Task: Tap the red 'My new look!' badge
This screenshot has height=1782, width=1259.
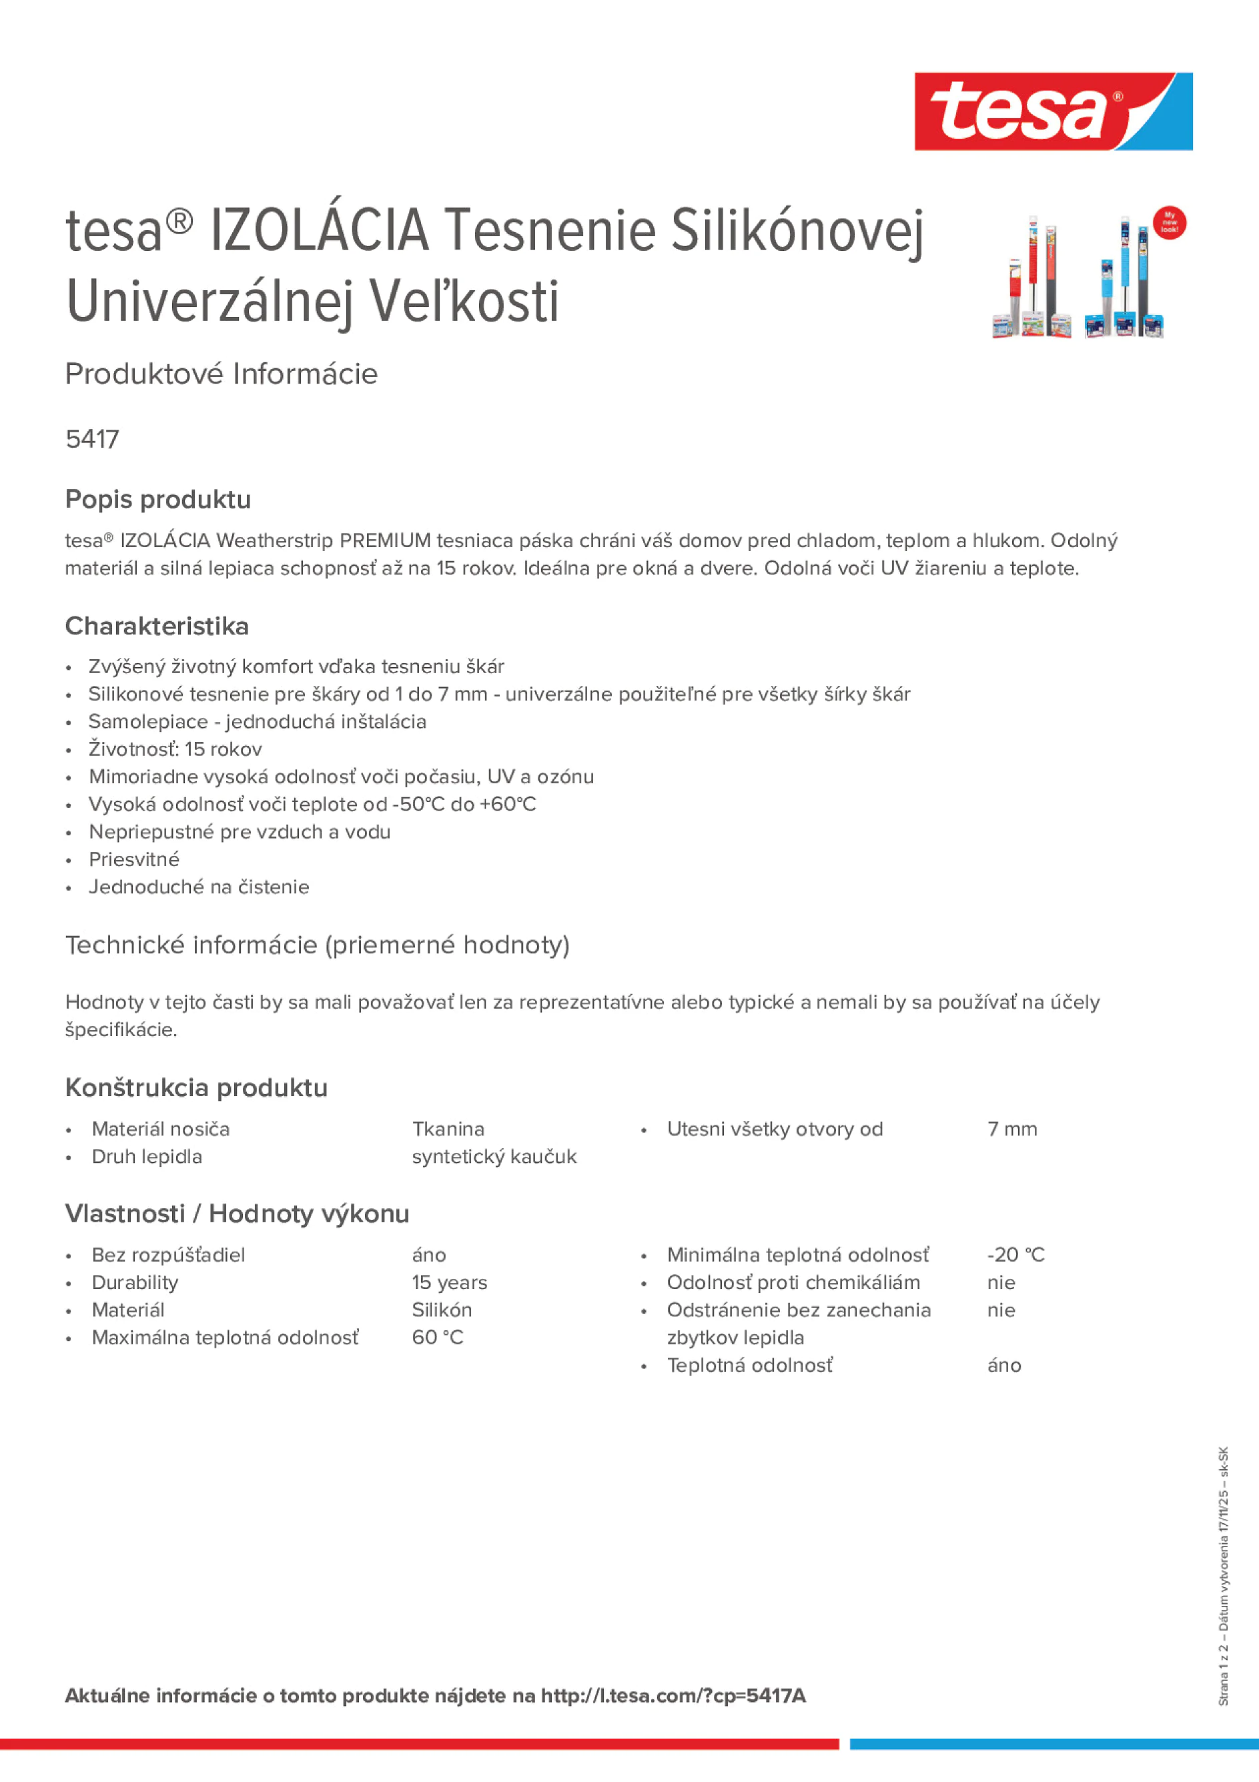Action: click(1169, 224)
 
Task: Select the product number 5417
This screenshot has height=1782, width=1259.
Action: click(92, 439)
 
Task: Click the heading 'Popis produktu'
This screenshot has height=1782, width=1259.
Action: click(157, 499)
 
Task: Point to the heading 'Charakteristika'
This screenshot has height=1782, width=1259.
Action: click(157, 626)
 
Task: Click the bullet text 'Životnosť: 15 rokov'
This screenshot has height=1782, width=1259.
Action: click(175, 749)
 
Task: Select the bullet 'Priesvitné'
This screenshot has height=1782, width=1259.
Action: click(133, 859)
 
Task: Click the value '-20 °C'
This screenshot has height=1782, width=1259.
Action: click(1015, 1254)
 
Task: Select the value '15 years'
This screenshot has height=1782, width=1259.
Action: click(450, 1282)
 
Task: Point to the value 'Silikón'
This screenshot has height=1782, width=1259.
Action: click(442, 1310)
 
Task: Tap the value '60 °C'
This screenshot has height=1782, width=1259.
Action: click(437, 1337)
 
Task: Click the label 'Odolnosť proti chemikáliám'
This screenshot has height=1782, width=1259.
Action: click(793, 1282)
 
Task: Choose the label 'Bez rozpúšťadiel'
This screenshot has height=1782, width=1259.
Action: click(167, 1254)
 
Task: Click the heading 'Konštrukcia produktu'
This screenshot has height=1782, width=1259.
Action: click(195, 1087)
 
